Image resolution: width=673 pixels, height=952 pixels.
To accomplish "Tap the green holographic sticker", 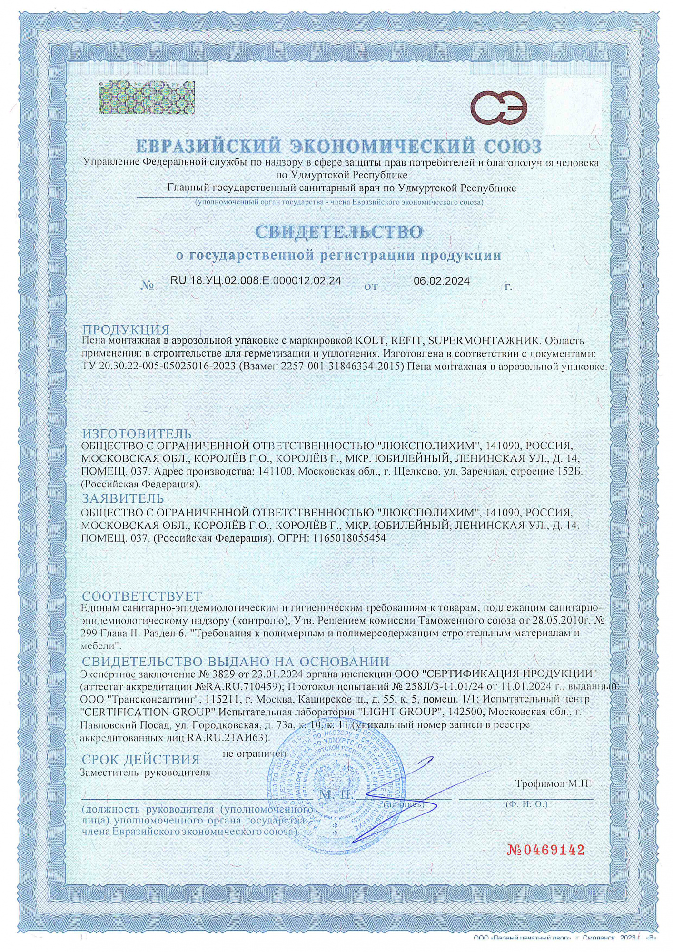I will pyautogui.click(x=147, y=98).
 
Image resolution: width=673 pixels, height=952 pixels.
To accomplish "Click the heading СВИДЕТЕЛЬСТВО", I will pyautogui.click(x=338, y=232).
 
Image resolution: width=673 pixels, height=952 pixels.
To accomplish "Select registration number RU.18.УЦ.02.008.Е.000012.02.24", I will pyautogui.click(x=256, y=280).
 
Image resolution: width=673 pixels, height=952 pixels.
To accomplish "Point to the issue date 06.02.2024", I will pyautogui.click(x=441, y=281).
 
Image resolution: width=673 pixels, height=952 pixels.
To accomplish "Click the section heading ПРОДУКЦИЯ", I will pyautogui.click(x=126, y=329).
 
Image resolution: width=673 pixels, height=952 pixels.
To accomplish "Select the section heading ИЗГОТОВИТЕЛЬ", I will pyautogui.click(x=137, y=434).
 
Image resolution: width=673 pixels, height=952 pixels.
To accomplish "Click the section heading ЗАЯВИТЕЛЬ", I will pyautogui.click(x=123, y=498).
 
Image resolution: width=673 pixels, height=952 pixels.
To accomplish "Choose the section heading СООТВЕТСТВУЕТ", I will pyautogui.click(x=142, y=596).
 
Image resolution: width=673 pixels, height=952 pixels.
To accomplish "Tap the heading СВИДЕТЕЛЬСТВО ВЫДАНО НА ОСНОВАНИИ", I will pyautogui.click(x=236, y=661).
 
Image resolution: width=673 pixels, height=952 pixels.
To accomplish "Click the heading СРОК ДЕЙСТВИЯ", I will pyautogui.click(x=140, y=759).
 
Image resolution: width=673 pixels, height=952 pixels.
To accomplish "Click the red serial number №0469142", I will pyautogui.click(x=545, y=850).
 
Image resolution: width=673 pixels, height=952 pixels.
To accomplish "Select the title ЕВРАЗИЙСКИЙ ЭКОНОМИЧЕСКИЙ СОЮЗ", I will pyautogui.click(x=338, y=146).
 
